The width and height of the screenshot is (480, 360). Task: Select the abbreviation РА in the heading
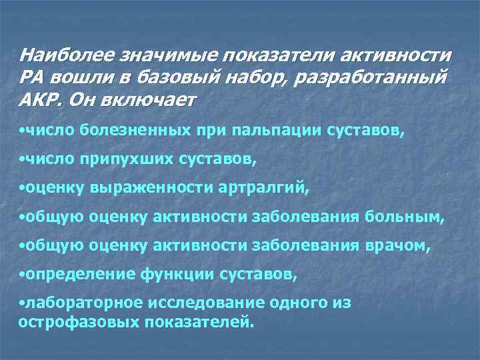(31, 77)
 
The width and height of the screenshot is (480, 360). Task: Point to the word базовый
(174, 77)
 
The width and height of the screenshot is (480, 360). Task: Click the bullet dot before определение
(22, 274)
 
